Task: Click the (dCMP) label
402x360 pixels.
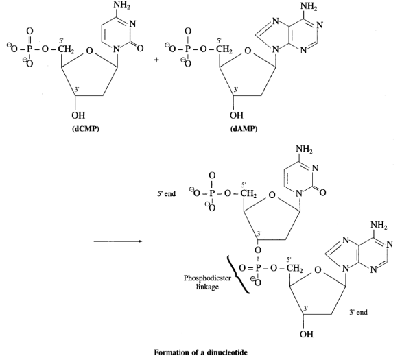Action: (x=85, y=129)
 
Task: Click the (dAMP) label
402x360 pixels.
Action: (x=244, y=129)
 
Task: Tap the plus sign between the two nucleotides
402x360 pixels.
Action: (x=156, y=60)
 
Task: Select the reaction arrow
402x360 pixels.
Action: (x=118, y=241)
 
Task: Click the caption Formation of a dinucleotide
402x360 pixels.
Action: (x=201, y=352)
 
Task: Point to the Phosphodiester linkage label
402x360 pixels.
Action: (x=207, y=282)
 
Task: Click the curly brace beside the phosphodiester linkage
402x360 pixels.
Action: (x=239, y=274)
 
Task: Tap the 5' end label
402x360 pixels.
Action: (x=167, y=193)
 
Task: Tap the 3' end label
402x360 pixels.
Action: (x=358, y=312)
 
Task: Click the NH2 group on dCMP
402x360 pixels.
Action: (x=122, y=5)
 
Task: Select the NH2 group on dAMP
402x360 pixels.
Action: (x=309, y=7)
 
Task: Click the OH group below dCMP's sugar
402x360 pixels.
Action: (x=78, y=115)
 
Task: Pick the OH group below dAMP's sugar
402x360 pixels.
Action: (x=237, y=115)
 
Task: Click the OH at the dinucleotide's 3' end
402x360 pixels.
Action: (x=307, y=334)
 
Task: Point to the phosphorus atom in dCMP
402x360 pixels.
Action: (x=29, y=49)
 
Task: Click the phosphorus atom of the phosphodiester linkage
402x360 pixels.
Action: (x=259, y=268)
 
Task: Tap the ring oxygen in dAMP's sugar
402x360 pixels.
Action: (x=248, y=51)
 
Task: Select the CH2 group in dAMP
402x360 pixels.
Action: (x=224, y=49)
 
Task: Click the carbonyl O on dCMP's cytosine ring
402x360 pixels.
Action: (x=140, y=48)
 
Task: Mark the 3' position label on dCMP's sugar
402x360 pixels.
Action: (x=77, y=89)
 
